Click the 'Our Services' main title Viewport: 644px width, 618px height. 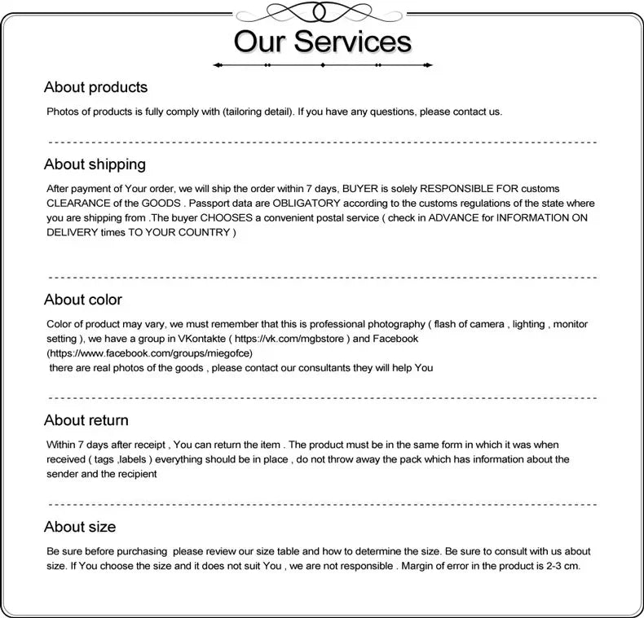(x=322, y=41)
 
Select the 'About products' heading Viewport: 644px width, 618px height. (x=95, y=87)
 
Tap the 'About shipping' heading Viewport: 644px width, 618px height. (x=95, y=164)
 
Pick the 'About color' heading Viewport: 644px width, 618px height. (x=83, y=300)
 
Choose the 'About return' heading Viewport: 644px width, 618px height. (x=86, y=420)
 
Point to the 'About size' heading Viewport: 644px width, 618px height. (x=80, y=527)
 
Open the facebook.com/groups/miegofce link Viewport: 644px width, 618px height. (x=150, y=353)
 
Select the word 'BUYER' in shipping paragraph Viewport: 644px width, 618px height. (x=370, y=189)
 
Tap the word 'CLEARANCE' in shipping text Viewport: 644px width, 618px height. (x=81, y=204)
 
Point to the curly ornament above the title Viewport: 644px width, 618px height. (x=322, y=12)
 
